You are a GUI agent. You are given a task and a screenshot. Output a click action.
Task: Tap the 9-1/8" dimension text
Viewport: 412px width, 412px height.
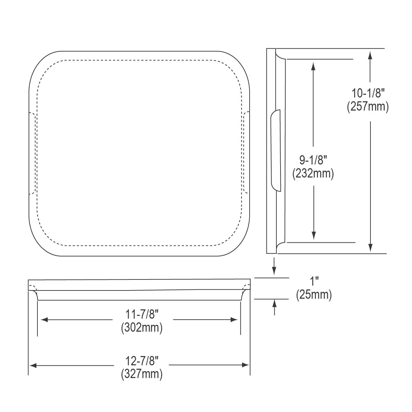pos(313,160)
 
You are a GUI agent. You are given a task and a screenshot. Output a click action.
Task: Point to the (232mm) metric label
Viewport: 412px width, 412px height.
pos(313,174)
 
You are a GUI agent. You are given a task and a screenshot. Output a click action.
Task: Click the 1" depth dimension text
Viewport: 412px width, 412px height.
pos(314,282)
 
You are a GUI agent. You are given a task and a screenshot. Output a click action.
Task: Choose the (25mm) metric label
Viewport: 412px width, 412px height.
pos(314,295)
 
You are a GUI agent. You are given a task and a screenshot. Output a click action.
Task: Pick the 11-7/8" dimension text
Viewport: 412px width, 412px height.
pos(141,314)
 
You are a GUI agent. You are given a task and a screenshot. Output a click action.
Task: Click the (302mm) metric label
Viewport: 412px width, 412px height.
pos(141,328)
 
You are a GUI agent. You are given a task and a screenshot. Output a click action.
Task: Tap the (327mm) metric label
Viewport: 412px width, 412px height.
pos(141,374)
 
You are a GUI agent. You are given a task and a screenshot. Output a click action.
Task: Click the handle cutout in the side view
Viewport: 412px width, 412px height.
pos(276,149)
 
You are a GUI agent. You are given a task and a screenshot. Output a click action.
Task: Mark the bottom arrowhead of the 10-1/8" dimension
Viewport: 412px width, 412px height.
pos(370,248)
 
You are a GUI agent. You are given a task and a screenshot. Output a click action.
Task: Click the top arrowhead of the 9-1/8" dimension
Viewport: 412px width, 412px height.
pos(313,66)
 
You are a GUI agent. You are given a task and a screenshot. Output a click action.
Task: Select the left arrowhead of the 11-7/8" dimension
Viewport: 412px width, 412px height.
pos(44,320)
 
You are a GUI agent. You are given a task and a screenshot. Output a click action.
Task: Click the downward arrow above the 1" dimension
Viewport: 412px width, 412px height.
pos(274,271)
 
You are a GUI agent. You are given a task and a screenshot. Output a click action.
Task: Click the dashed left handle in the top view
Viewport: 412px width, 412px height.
pos(33,153)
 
